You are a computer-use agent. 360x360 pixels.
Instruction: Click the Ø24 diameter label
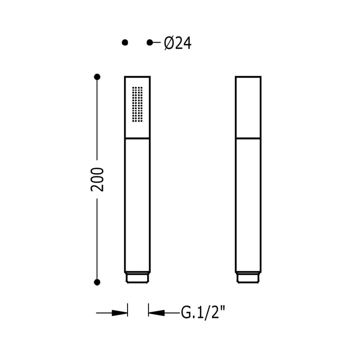(x=178, y=43)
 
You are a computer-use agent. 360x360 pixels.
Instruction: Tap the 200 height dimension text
(x=97, y=179)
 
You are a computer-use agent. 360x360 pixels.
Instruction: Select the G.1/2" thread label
(x=203, y=312)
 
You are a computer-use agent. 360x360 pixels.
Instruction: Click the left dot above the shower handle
(x=125, y=43)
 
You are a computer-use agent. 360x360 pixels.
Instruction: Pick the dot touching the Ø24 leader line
(x=150, y=43)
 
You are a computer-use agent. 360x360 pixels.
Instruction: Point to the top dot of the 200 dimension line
(x=97, y=77)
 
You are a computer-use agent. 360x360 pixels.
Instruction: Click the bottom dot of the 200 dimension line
(x=97, y=282)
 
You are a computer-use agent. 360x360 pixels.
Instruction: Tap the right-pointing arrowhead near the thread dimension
(x=119, y=313)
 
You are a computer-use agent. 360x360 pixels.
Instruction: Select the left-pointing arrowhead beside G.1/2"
(x=156, y=313)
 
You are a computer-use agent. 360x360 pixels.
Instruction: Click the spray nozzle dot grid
(x=137, y=104)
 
